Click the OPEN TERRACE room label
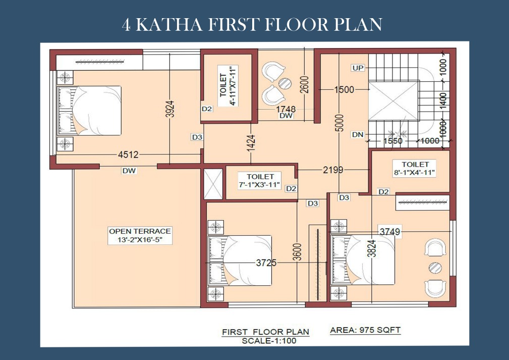(140, 236)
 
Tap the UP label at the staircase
(358, 68)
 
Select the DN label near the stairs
(358, 134)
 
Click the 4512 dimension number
(128, 155)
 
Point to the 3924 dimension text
(170, 109)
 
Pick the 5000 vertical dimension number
(340, 123)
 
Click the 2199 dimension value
(333, 170)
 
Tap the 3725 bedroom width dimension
(266, 263)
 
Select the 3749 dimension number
(390, 232)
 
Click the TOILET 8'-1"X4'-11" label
(415, 168)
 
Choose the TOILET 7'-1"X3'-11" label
(260, 181)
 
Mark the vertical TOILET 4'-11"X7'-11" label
(229, 86)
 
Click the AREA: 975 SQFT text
(365, 330)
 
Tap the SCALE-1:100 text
(269, 341)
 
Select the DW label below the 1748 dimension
(286, 116)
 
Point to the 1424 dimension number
(251, 143)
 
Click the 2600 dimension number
(305, 84)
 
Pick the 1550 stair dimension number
(393, 141)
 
